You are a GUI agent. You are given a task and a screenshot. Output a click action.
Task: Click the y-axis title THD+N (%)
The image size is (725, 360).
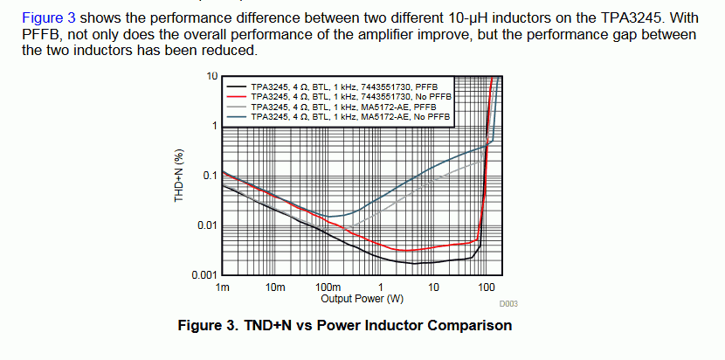[x=179, y=176]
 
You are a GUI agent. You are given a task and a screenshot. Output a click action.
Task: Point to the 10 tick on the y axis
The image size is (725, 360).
[x=211, y=76]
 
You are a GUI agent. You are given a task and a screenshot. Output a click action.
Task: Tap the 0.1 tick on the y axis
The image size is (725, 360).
[x=210, y=176]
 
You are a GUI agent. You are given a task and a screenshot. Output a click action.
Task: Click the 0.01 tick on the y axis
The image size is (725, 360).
[x=208, y=226]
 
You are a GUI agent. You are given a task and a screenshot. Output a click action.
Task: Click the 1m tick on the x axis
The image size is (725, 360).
[x=223, y=287]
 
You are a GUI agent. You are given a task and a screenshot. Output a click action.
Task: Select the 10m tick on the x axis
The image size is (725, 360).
[x=274, y=287]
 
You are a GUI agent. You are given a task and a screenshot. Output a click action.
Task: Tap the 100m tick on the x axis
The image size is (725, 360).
[x=328, y=287]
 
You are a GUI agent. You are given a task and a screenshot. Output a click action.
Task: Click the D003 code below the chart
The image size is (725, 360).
[x=508, y=304]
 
